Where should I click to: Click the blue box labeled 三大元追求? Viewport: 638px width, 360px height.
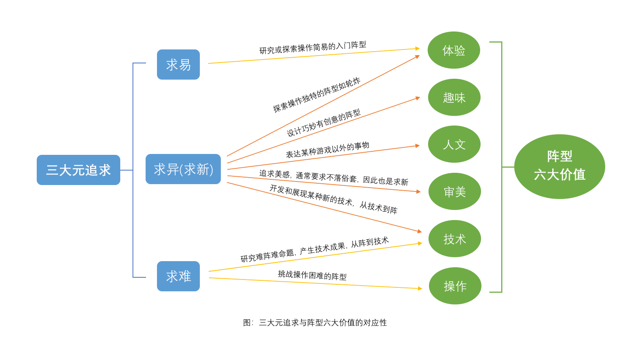click(x=78, y=170)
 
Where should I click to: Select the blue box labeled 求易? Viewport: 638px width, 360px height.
click(x=178, y=65)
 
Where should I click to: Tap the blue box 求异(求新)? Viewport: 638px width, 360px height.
click(x=183, y=169)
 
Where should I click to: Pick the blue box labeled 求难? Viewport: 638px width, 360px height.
click(x=178, y=276)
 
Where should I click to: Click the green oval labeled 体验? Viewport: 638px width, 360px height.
click(x=454, y=50)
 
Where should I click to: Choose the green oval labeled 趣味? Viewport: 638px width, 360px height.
click(x=454, y=98)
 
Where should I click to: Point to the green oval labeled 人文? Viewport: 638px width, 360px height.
click(x=454, y=144)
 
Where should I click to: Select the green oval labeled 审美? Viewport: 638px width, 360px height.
click(x=455, y=192)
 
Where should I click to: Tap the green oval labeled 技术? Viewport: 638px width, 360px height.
click(x=455, y=239)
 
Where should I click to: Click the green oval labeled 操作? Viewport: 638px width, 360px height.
click(x=455, y=286)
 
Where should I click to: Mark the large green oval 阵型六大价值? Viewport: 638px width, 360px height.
click(x=559, y=167)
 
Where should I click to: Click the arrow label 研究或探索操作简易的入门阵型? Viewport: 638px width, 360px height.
click(x=313, y=47)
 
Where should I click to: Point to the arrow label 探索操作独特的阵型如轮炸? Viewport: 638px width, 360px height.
click(x=317, y=95)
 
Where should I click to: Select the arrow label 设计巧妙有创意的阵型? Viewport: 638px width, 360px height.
click(x=323, y=123)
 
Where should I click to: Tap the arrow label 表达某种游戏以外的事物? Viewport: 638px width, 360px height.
click(x=328, y=150)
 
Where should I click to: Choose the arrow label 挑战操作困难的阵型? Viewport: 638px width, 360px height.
click(x=312, y=275)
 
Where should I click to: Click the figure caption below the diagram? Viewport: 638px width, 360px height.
click(x=315, y=323)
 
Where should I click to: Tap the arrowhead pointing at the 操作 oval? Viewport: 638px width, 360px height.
click(x=420, y=289)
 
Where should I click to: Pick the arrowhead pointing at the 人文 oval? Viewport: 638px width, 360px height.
click(x=417, y=146)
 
